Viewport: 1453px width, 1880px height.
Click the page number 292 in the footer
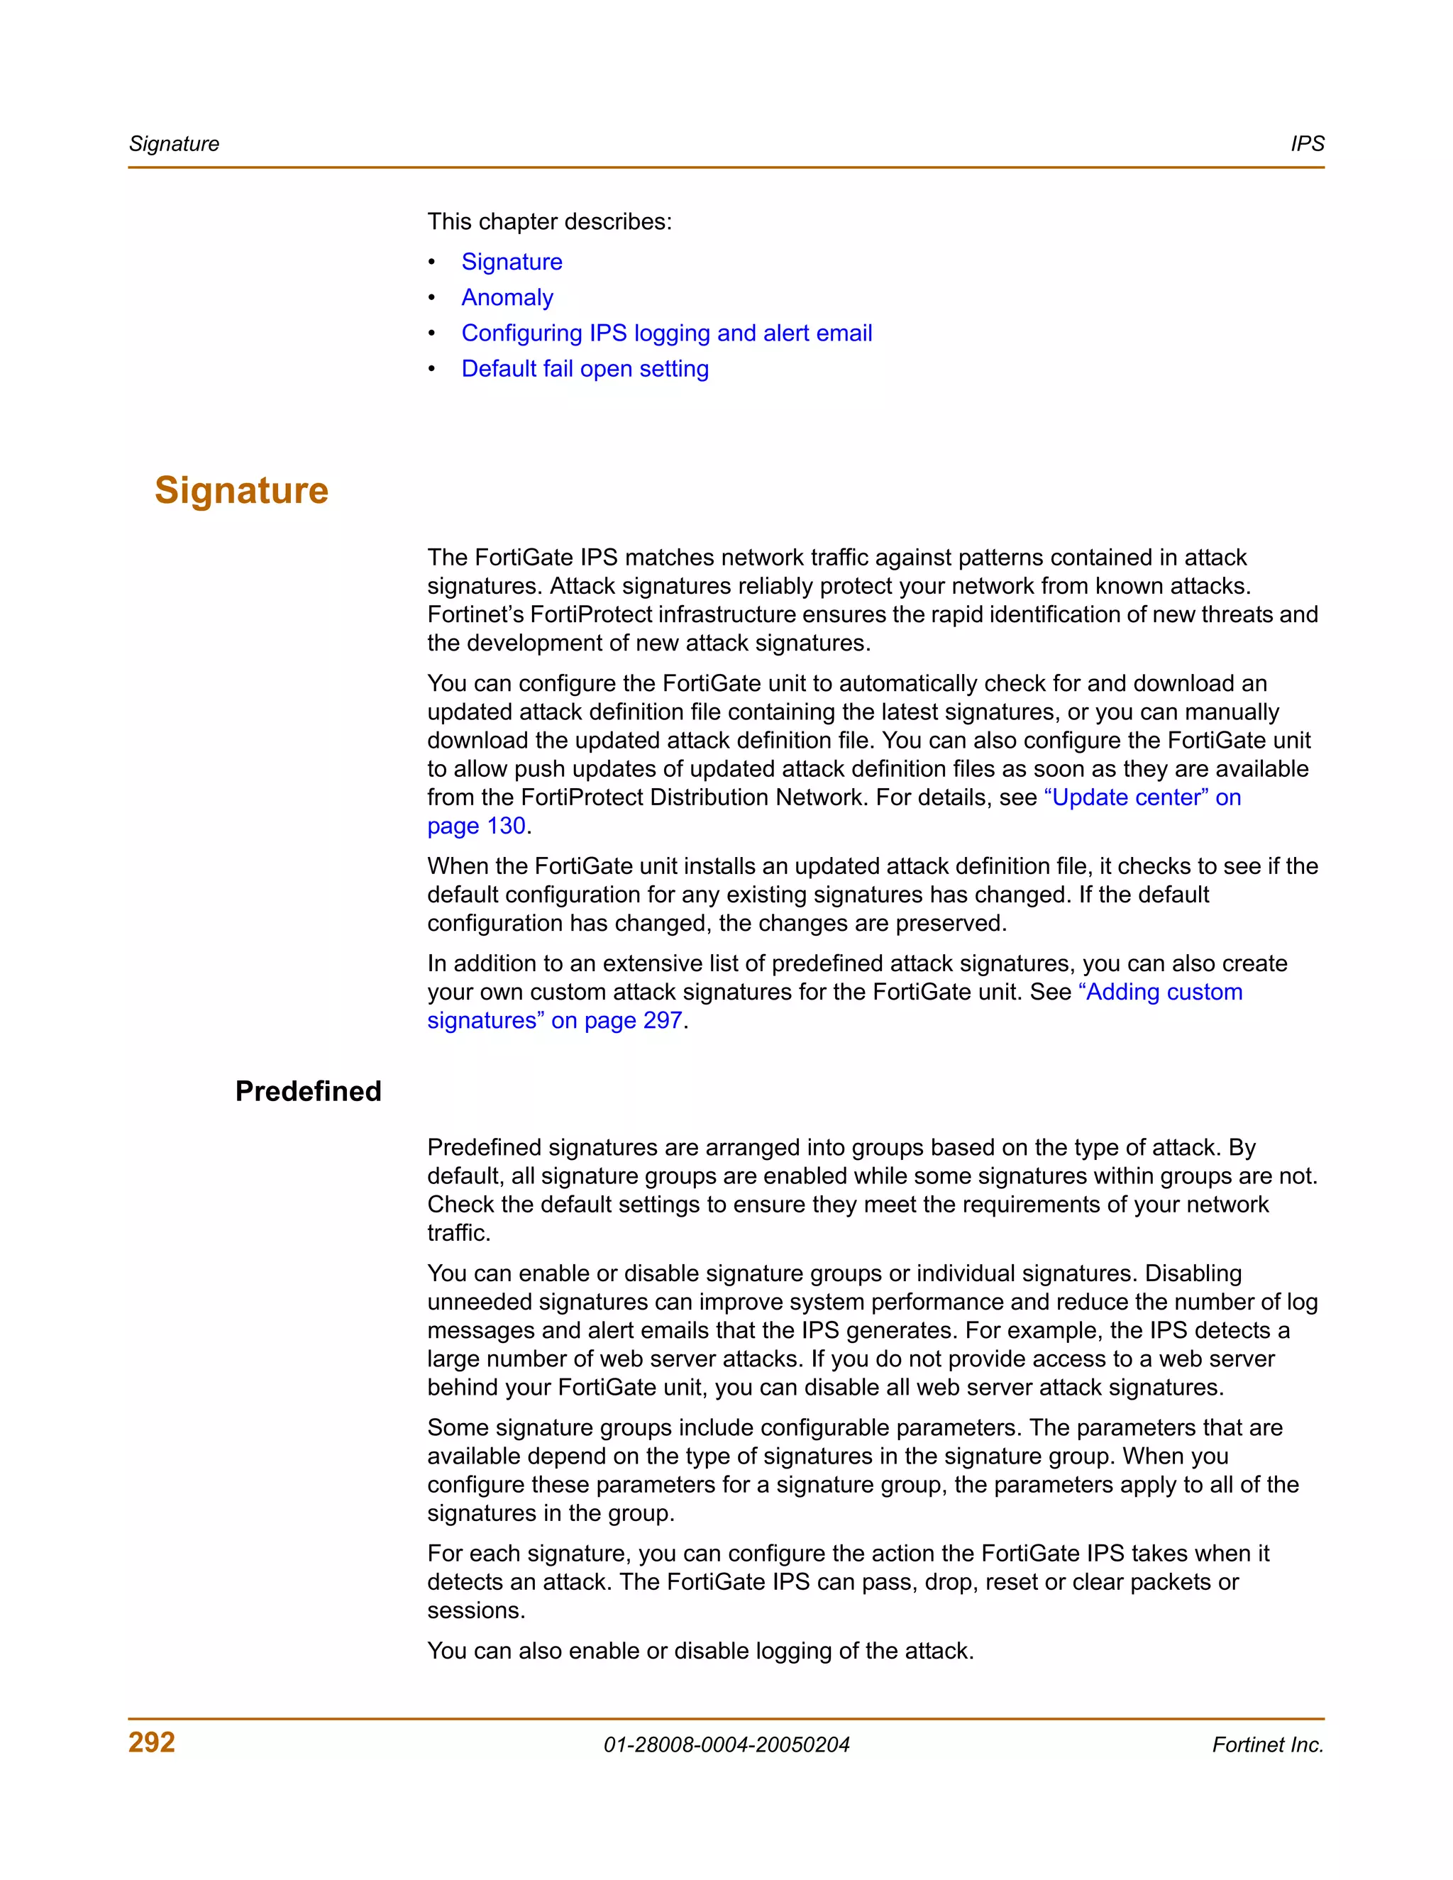point(152,1742)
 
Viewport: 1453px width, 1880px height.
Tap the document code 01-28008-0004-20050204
point(726,1745)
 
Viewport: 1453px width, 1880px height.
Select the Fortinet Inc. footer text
point(1267,1745)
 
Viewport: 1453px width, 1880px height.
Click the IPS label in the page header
point(1307,144)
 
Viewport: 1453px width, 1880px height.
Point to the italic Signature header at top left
point(174,144)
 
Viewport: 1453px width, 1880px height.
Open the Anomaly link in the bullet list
point(507,297)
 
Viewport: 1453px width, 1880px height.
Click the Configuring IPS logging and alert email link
point(666,333)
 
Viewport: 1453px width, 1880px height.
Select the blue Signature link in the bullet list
point(512,262)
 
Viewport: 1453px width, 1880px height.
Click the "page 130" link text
point(476,826)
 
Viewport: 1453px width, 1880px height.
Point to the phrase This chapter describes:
point(549,221)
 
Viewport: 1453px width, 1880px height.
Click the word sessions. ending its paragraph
point(476,1610)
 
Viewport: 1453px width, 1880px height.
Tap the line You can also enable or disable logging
point(700,1650)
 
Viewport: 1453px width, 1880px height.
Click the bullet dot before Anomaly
point(432,297)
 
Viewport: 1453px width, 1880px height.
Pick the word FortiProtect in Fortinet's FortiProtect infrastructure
point(592,614)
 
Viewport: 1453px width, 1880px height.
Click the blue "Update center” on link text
point(1142,797)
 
